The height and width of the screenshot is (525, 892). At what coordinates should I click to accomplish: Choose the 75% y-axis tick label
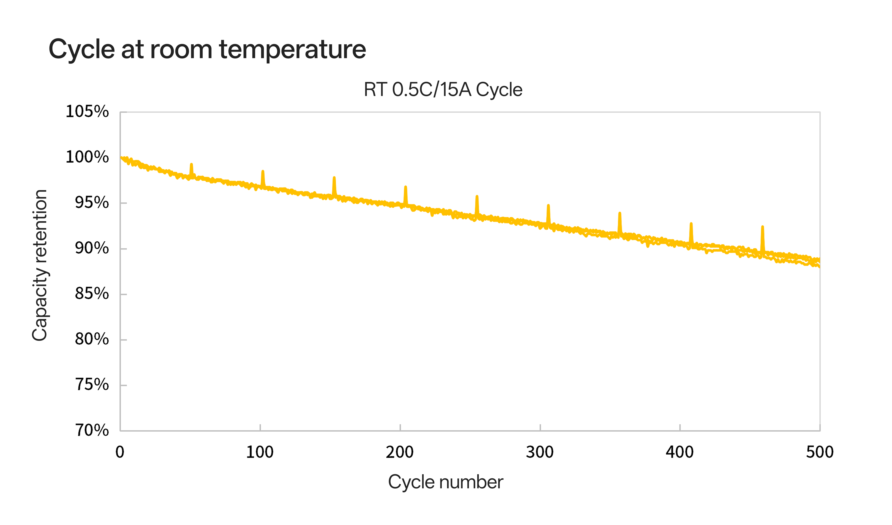coord(92,385)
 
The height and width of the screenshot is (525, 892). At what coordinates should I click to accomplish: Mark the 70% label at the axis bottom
coord(92,430)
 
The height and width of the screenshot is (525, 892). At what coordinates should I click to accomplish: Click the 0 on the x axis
coord(120,452)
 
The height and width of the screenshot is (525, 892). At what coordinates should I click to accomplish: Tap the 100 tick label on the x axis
coord(260,452)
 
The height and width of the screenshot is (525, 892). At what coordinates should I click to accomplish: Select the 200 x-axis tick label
coord(400,452)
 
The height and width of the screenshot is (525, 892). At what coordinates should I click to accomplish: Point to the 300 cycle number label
coord(540,452)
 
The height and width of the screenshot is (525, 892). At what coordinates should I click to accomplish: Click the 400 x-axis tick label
coord(680,452)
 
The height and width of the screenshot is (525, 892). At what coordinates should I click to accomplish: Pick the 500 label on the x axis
coord(820,452)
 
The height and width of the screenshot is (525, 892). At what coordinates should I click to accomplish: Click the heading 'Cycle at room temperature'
coord(207,49)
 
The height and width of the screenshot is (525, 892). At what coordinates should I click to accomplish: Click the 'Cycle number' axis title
coord(445,482)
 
